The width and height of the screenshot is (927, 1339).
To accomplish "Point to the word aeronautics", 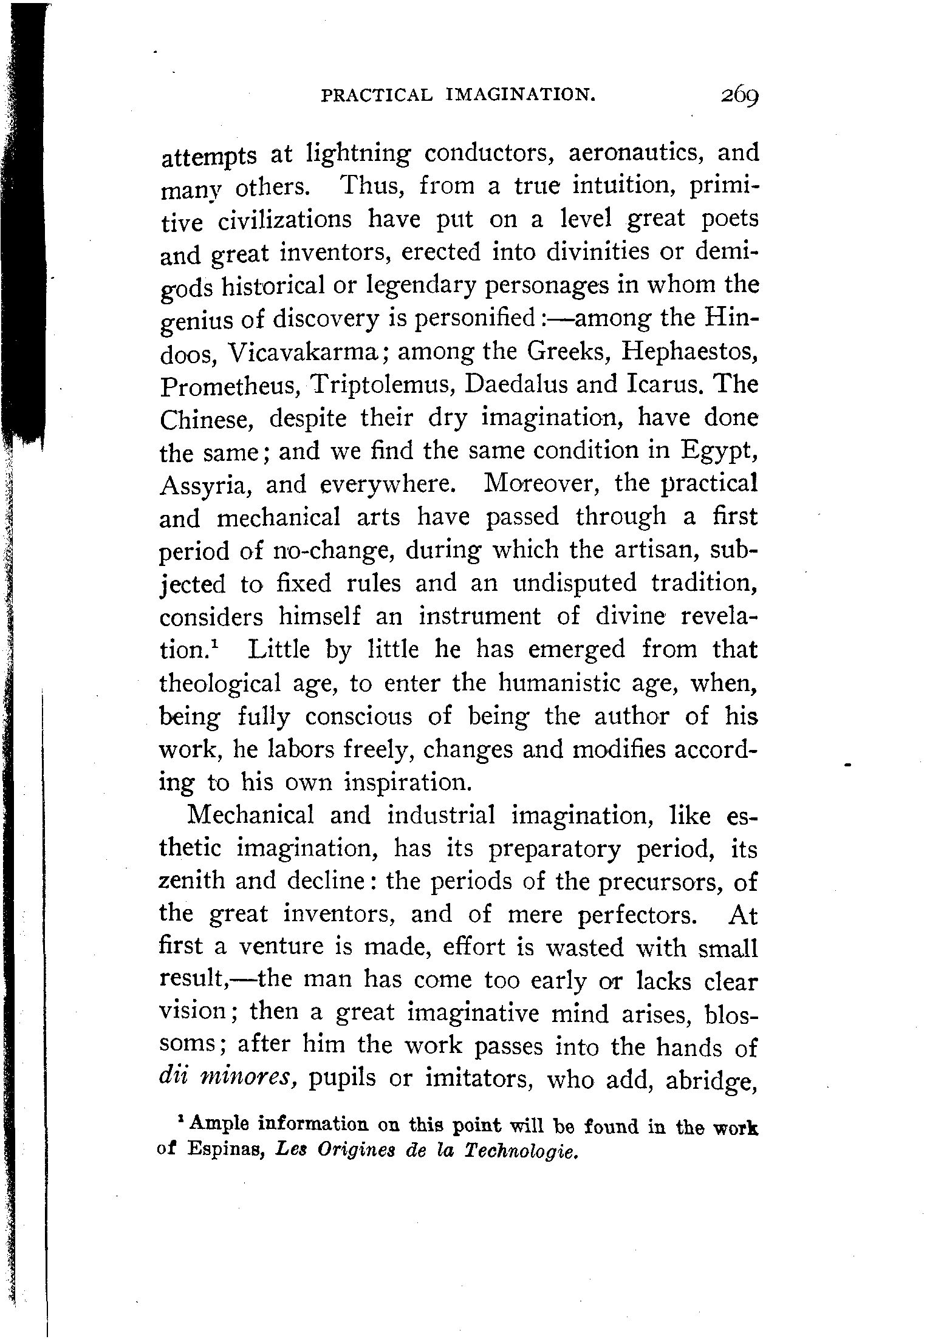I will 636,152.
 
